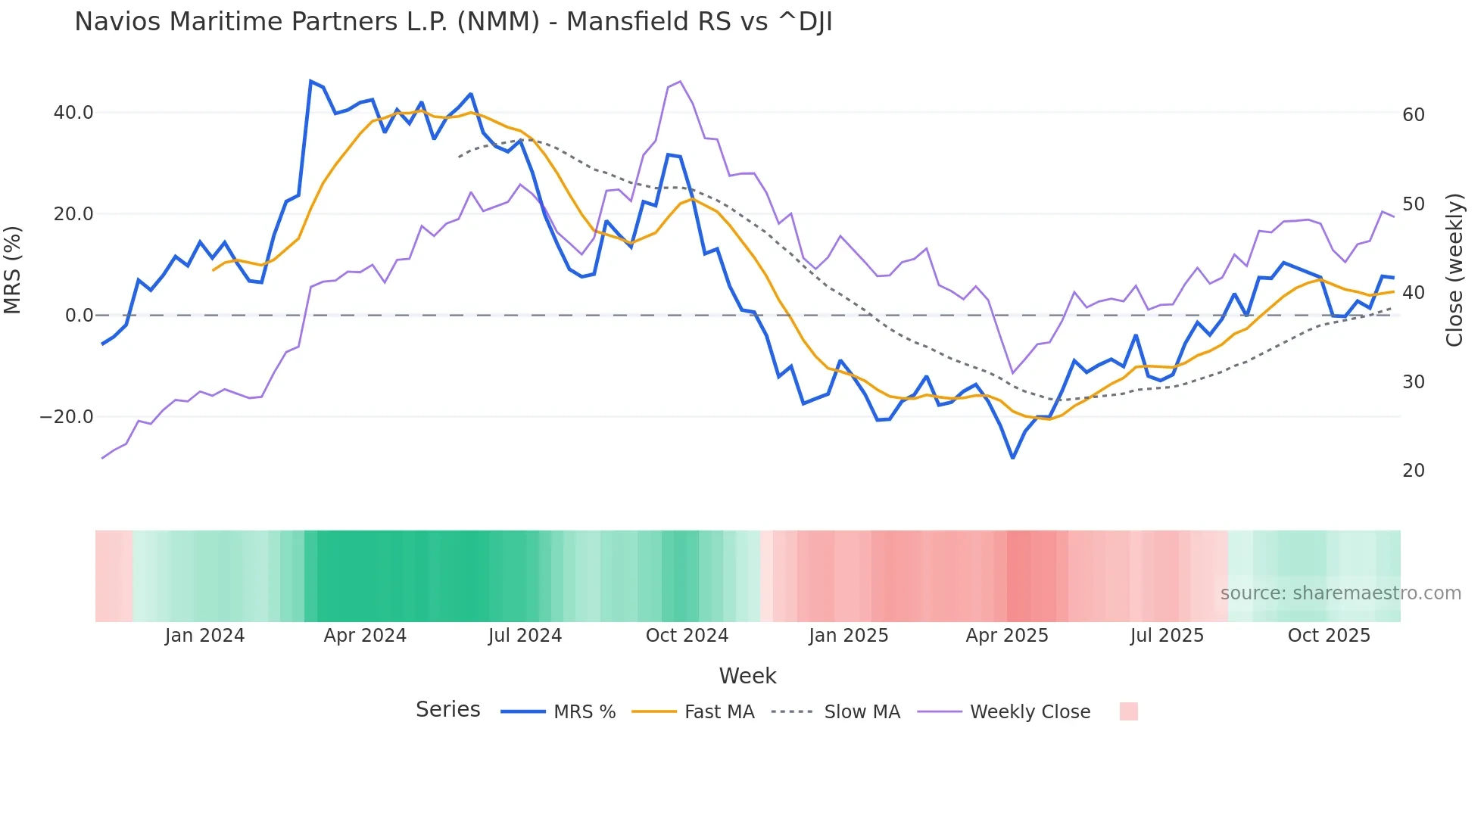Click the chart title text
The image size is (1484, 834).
click(x=453, y=22)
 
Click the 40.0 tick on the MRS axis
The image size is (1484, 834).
click(x=73, y=113)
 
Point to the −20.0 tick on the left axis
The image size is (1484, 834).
click(x=67, y=417)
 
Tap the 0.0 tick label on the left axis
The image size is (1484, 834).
click(x=79, y=316)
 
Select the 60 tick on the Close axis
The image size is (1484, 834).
click(x=1413, y=115)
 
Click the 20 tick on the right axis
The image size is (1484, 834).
click(x=1413, y=471)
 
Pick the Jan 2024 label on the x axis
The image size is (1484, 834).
click(x=204, y=636)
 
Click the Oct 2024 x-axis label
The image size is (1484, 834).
click(x=687, y=636)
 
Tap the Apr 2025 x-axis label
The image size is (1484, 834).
click(x=1006, y=636)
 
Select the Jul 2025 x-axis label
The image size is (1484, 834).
click(x=1167, y=636)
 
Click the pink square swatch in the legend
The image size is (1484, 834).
click(x=1128, y=711)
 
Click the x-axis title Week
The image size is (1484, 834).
click(x=747, y=676)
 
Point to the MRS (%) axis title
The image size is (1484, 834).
click(x=13, y=269)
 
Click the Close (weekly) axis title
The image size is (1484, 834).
click(x=1454, y=269)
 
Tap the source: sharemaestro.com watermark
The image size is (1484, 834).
click(x=1340, y=593)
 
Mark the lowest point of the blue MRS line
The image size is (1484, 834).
click(x=1012, y=458)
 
